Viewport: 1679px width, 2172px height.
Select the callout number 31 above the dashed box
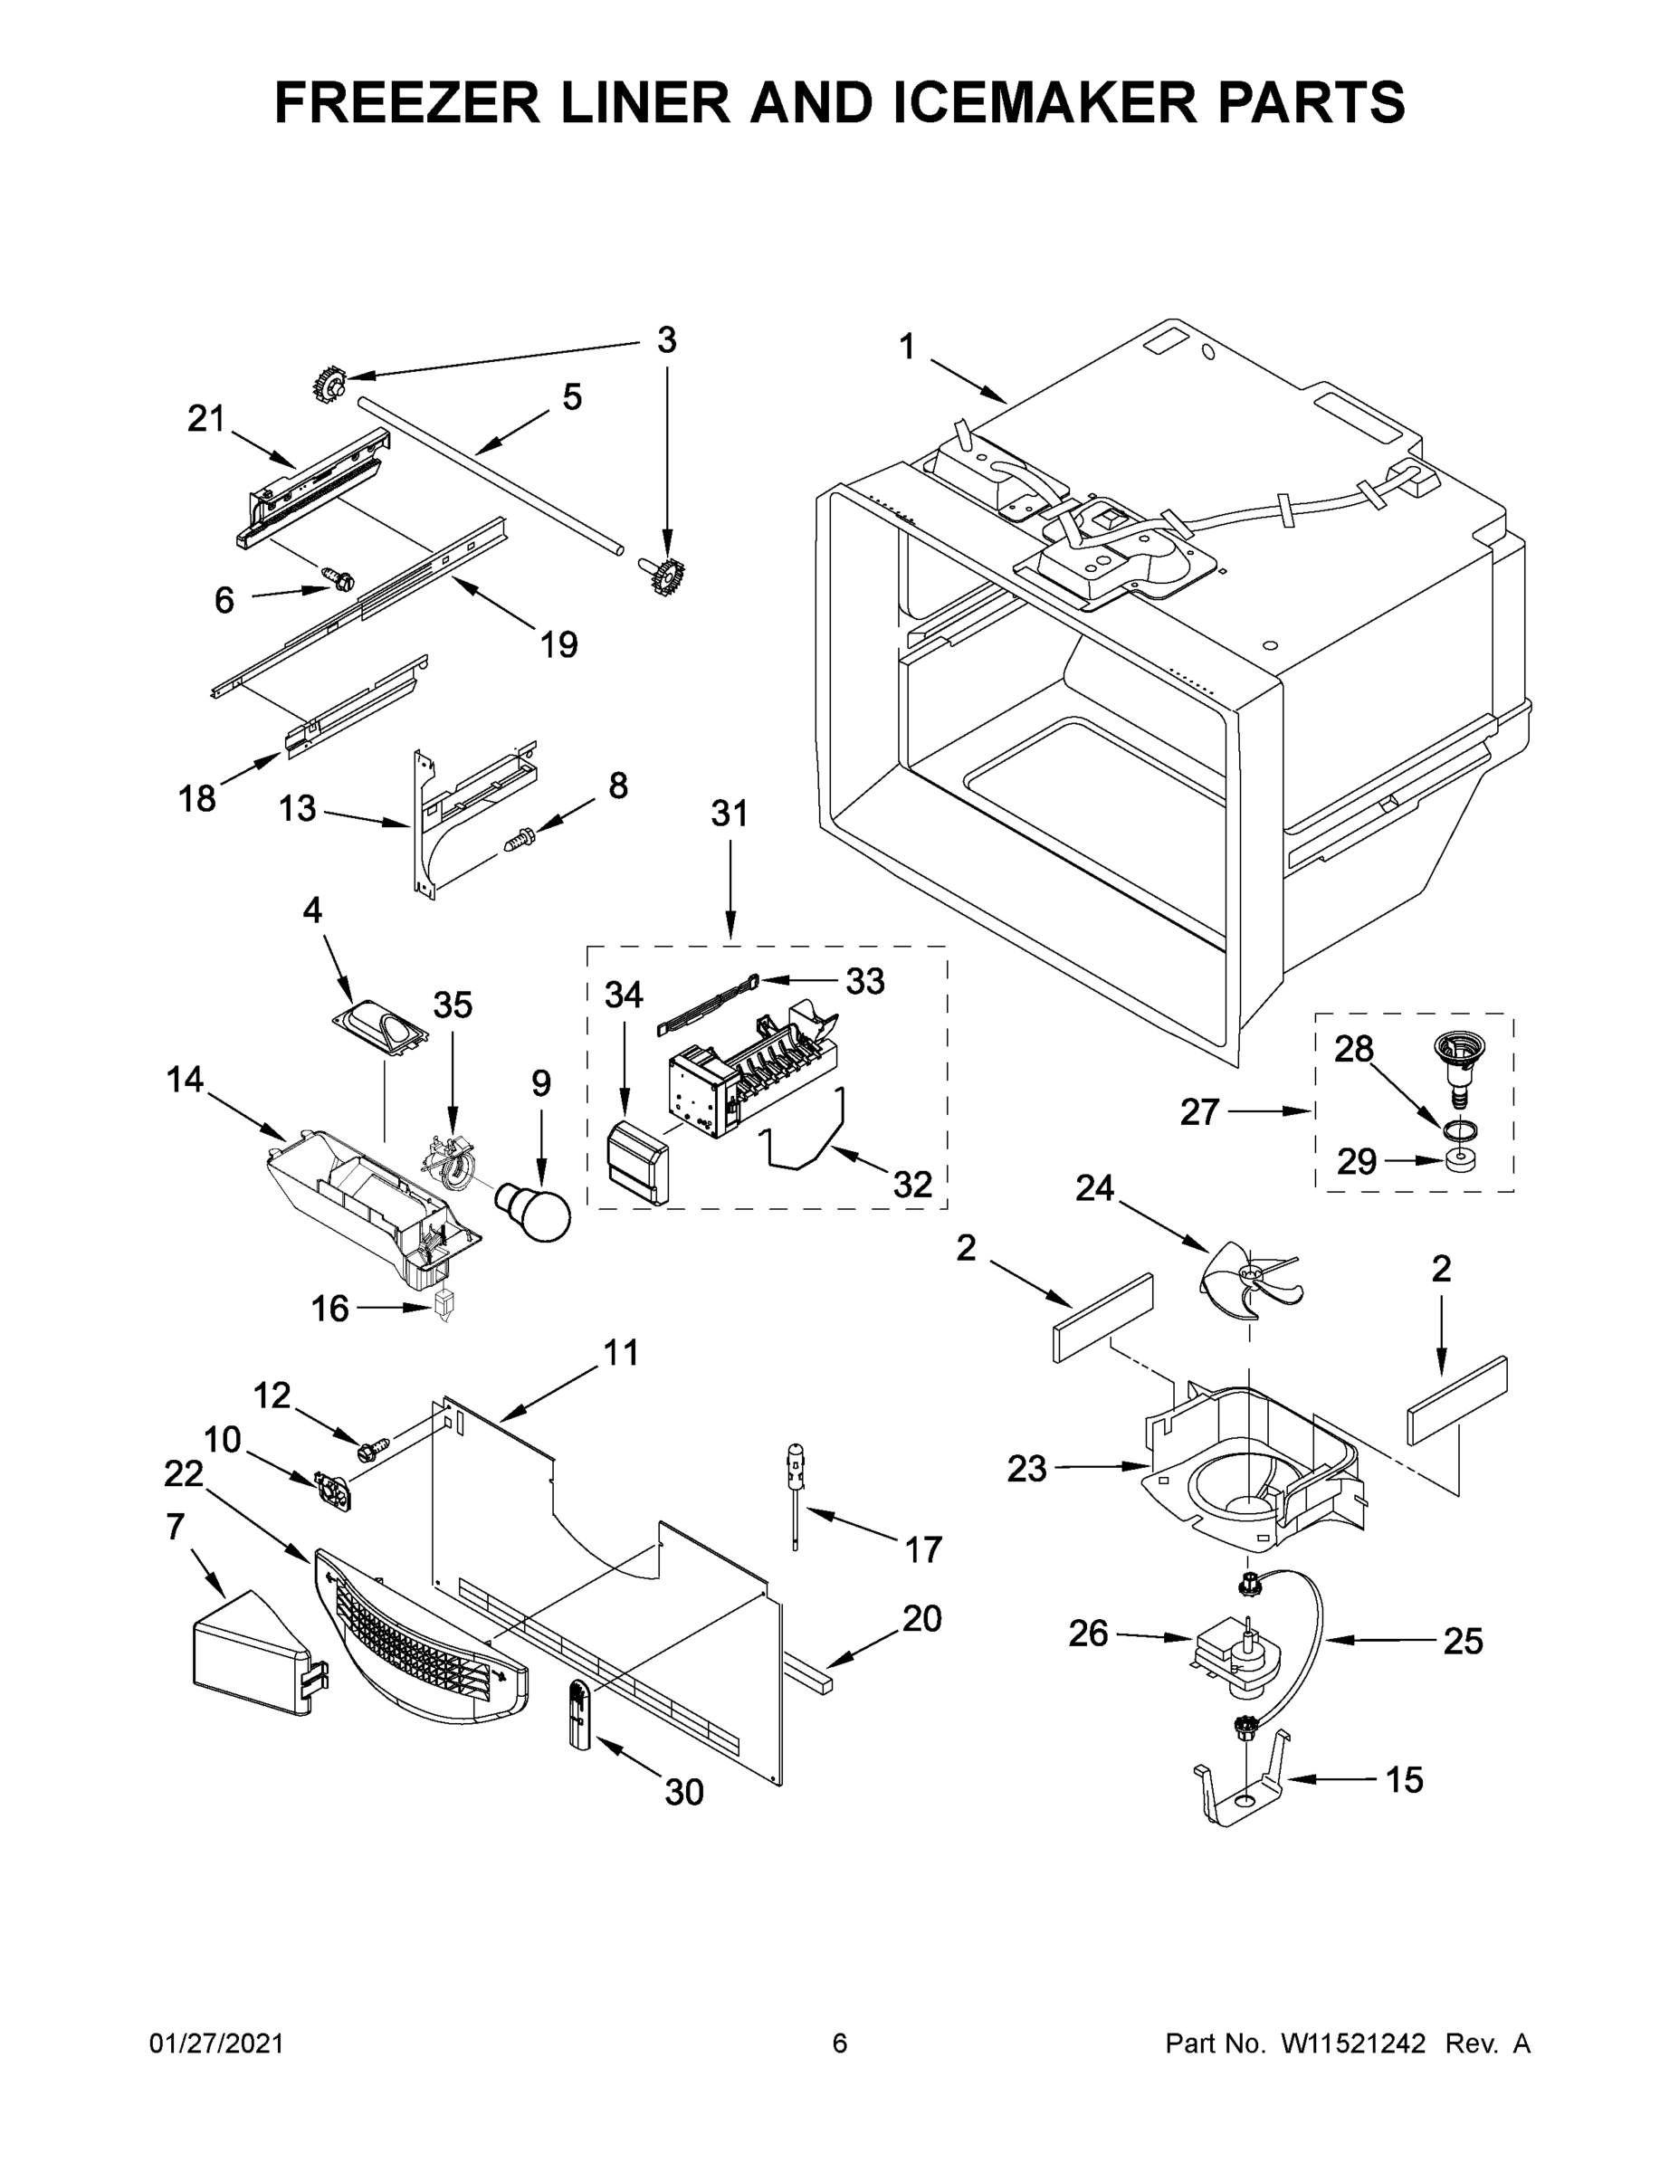click(730, 814)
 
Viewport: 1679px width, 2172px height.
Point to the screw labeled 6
click(339, 577)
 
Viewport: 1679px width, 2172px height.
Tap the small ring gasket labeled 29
click(1459, 1162)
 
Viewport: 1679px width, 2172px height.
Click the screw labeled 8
click(520, 841)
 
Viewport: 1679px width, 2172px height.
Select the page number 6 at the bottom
click(840, 2044)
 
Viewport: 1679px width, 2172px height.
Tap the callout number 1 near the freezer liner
click(906, 348)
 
